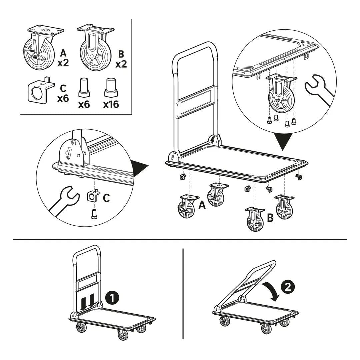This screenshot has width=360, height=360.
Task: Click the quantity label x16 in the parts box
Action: click(111, 105)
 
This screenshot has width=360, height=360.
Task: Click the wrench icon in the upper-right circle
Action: click(319, 90)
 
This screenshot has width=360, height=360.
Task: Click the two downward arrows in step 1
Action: click(87, 299)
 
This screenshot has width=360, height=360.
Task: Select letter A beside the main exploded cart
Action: click(202, 205)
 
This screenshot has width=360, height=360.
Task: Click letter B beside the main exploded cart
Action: click(270, 218)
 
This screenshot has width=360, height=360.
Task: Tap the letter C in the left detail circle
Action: click(106, 198)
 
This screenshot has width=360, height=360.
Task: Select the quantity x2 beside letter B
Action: click(121, 64)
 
